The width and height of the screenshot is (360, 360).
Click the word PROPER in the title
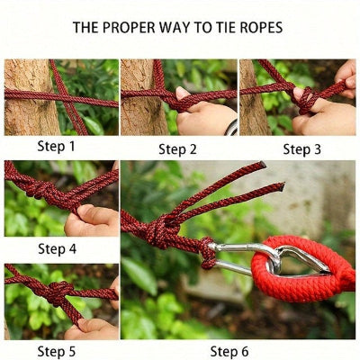point(129,27)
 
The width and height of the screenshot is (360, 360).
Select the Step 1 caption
point(56,146)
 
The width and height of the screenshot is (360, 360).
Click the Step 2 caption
point(177,149)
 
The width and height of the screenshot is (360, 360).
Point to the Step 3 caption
point(302,149)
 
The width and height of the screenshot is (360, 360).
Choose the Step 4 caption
point(58,248)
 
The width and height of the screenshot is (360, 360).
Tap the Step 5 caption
point(57,351)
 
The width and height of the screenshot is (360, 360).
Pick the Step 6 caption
point(229,351)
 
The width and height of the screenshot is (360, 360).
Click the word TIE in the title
point(219,27)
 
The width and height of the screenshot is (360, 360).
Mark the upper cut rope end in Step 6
point(262,165)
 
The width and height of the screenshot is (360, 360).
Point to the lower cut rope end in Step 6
point(281,186)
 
